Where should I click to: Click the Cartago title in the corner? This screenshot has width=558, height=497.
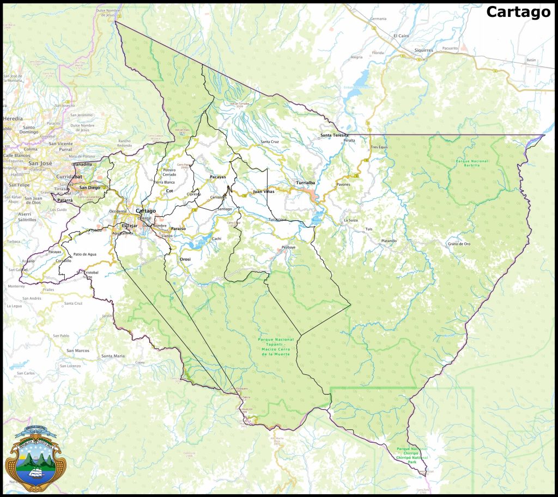518,12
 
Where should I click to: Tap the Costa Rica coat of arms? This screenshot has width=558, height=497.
35,458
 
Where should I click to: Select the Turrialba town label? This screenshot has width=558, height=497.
305,183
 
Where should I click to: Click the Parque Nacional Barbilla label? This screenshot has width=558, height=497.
472,163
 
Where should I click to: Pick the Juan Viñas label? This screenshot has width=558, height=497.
264,192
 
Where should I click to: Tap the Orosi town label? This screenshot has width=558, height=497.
185,259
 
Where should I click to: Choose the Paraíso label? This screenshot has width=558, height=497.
178,228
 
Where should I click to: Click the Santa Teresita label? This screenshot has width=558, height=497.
334,135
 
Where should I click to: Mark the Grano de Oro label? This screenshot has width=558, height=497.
459,244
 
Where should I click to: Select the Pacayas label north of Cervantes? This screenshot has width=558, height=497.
217,178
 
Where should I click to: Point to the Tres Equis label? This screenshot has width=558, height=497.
379,147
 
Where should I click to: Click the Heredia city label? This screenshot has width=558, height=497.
13,118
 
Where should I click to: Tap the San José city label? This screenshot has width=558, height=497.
40,163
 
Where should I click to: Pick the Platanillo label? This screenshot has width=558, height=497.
389,240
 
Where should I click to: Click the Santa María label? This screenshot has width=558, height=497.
113,356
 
